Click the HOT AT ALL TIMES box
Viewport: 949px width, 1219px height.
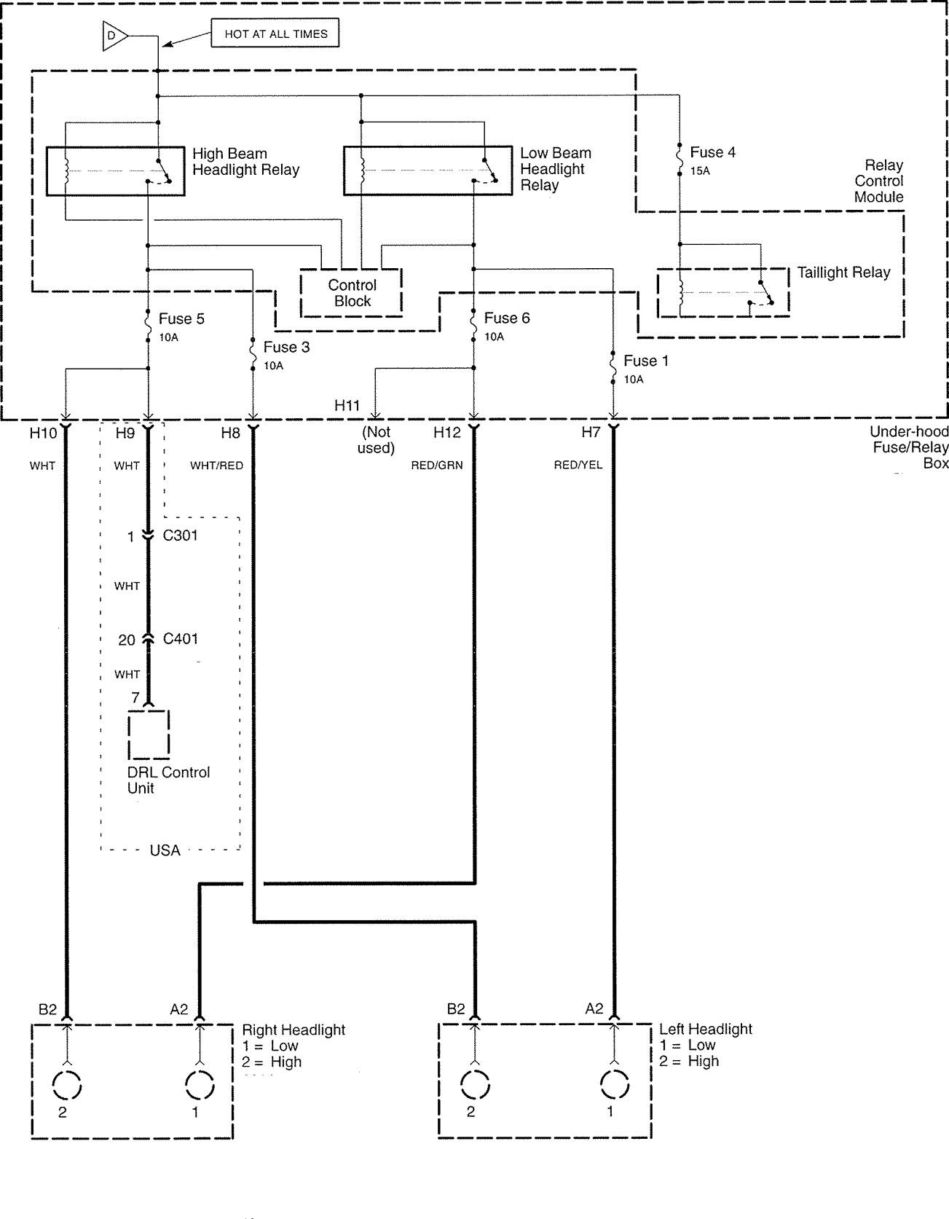(275, 34)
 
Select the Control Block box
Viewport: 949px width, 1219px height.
(352, 293)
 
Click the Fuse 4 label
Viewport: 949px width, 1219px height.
(712, 152)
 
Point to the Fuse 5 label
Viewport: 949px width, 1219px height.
(181, 318)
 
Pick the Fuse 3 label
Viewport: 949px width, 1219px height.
(286, 347)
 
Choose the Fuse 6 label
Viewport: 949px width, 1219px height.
(507, 318)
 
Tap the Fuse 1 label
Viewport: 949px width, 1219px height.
(646, 361)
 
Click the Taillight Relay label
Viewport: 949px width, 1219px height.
(843, 273)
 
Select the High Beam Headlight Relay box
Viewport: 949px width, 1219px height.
(115, 171)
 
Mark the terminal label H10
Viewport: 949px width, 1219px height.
(43, 433)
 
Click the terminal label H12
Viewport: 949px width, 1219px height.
(447, 432)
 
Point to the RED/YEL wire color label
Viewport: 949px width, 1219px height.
(578, 465)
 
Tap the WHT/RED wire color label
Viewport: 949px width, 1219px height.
(216, 465)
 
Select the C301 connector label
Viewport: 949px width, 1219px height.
(180, 536)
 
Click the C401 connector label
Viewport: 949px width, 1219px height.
(180, 639)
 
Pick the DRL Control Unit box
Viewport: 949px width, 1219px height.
(149, 734)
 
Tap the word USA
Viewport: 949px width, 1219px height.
(165, 850)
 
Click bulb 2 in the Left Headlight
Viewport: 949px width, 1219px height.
(475, 1086)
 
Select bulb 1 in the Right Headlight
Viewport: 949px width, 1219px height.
(199, 1086)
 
